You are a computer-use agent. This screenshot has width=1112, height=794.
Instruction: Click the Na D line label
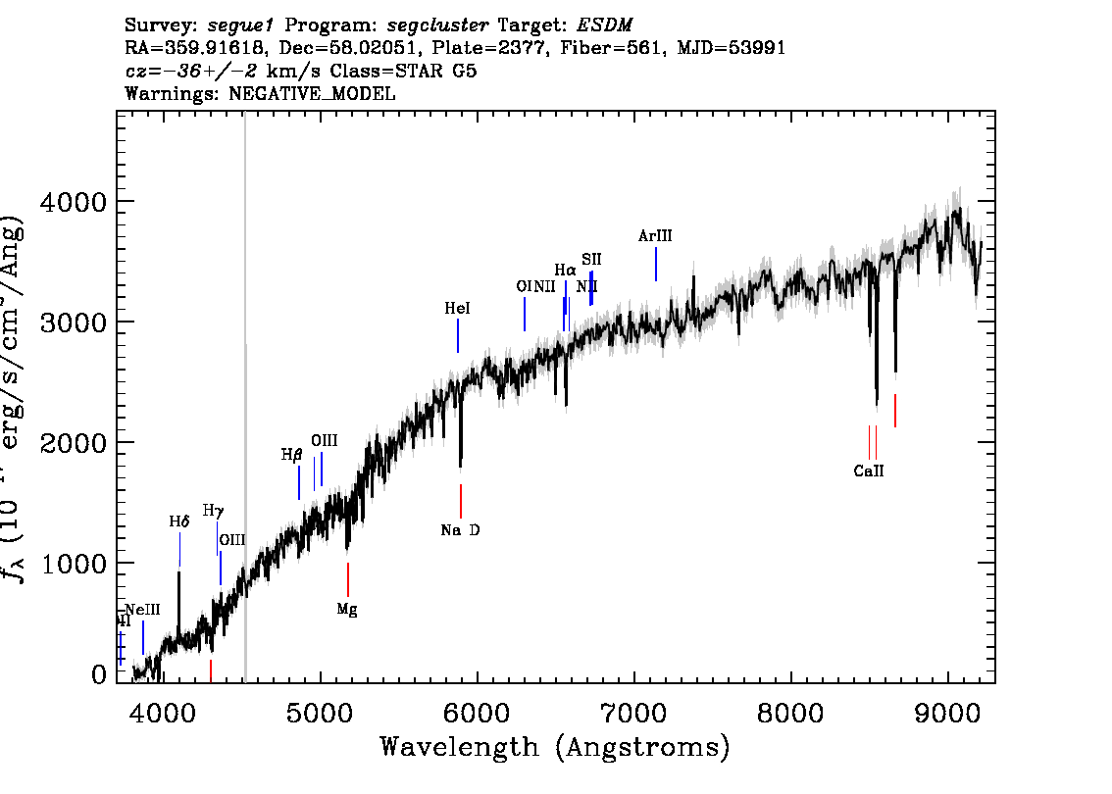(460, 530)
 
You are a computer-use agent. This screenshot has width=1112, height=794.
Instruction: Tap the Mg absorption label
(347, 609)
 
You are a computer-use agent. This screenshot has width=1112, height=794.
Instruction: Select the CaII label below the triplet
(868, 471)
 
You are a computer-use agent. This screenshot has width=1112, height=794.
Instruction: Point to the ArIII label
(655, 236)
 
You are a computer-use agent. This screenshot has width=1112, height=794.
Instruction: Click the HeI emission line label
(457, 309)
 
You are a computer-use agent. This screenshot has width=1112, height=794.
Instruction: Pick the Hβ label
(292, 455)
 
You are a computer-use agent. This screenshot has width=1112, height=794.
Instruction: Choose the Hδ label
(178, 521)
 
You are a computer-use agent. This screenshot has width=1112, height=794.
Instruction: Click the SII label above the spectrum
(591, 259)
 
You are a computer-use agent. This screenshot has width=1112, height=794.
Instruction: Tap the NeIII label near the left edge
(142, 610)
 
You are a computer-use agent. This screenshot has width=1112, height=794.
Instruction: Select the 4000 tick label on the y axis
(73, 202)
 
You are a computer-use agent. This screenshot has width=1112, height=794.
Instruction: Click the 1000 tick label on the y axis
(73, 564)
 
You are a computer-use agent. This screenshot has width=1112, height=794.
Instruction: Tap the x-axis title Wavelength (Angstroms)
(555, 747)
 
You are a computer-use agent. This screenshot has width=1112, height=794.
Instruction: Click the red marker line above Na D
(461, 501)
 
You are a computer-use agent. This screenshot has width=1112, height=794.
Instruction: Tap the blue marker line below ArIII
(656, 264)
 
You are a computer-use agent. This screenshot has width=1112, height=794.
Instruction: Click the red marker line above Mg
(348, 578)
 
